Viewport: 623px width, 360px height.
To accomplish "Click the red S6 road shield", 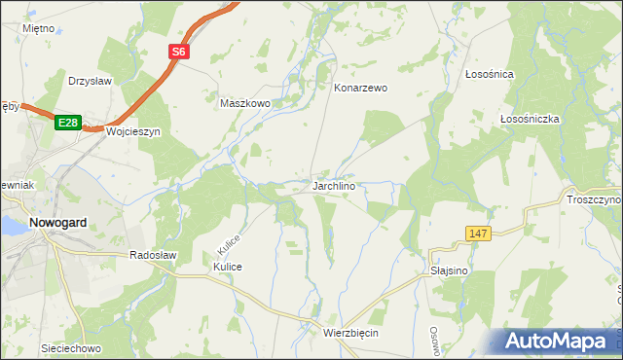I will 179,53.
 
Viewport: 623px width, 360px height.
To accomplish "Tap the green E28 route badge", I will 66,122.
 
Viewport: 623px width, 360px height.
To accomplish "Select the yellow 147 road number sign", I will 477,234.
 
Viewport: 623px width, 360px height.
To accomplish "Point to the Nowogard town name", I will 58,222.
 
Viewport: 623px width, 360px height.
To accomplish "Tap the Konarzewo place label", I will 360,88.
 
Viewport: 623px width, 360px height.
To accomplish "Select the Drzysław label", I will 92,81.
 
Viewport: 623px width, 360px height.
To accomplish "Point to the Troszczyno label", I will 593,199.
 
